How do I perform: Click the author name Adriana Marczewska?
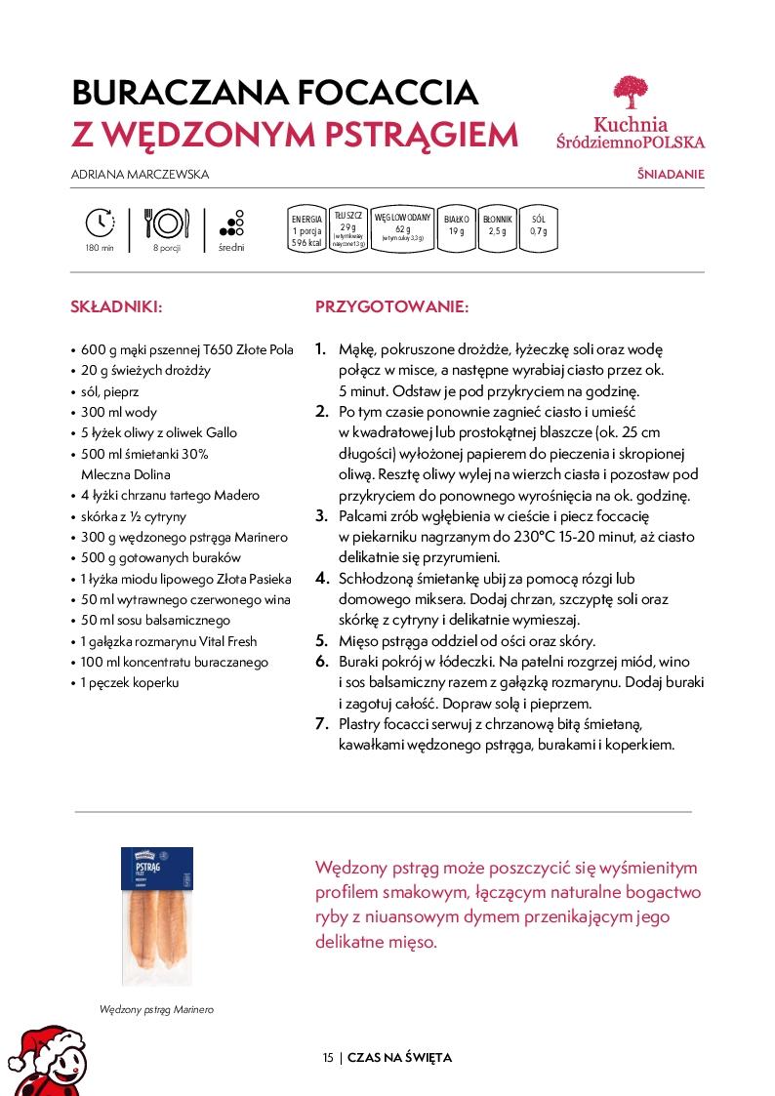click(141, 175)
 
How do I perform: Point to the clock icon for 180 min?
click(100, 223)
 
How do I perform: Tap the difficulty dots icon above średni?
click(231, 223)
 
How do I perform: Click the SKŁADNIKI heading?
click(116, 306)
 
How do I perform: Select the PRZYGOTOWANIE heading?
click(391, 306)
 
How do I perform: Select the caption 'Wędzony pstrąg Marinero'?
click(156, 1010)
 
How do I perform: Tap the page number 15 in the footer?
click(328, 1058)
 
